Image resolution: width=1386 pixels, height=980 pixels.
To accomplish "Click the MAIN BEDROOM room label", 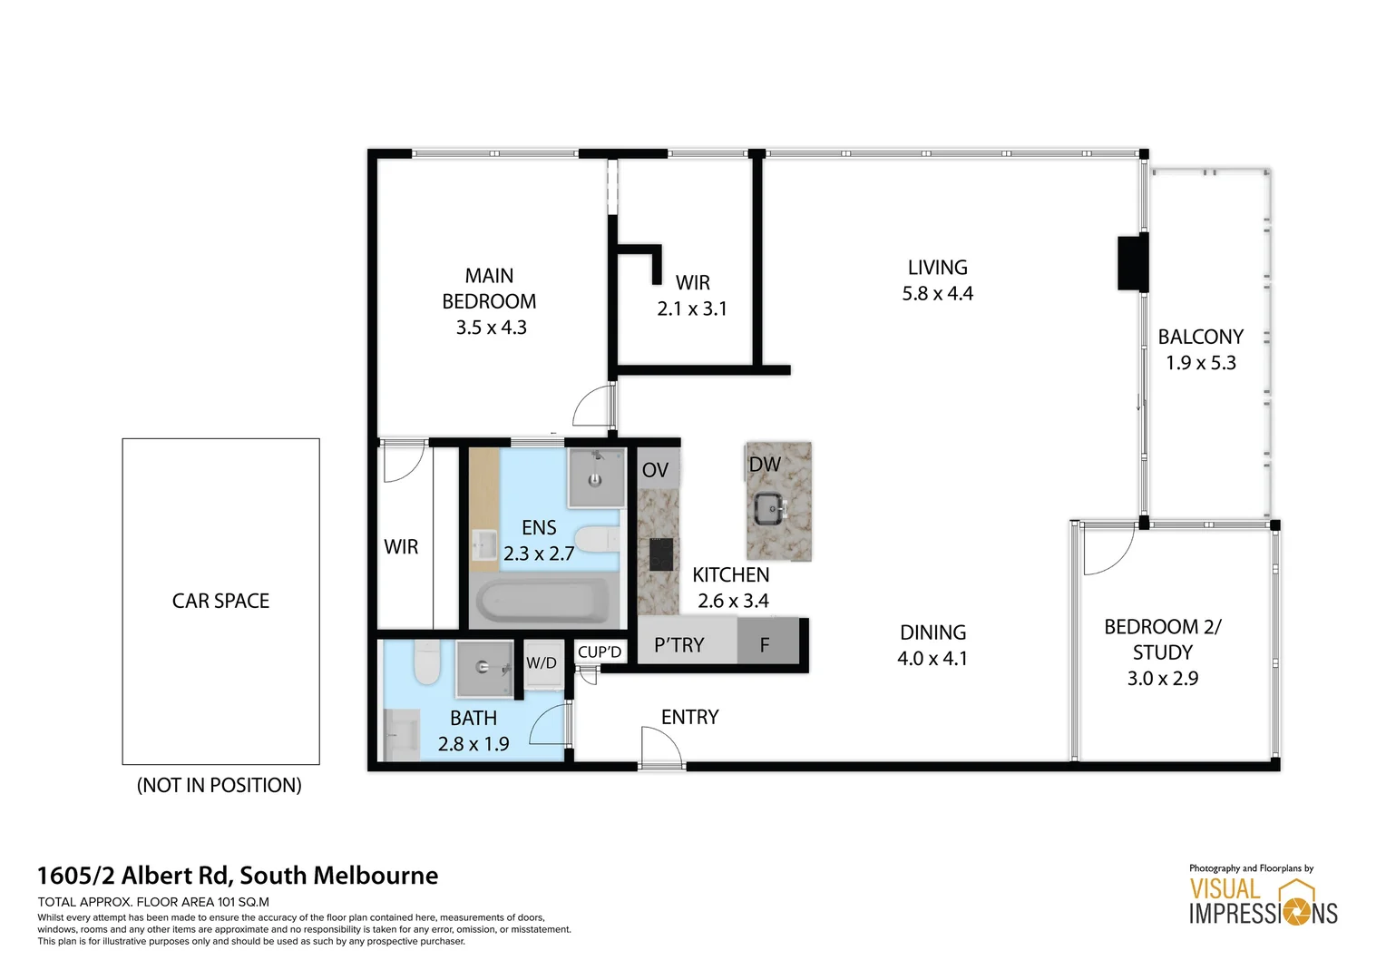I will (x=490, y=301).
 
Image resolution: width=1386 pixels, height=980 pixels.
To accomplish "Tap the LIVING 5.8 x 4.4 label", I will (x=937, y=280).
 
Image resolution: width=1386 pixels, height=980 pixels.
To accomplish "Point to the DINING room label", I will (x=932, y=645).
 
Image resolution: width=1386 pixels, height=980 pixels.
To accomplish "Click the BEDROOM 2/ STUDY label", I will (x=1162, y=652).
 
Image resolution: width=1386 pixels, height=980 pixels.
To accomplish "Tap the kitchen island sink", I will (x=770, y=508).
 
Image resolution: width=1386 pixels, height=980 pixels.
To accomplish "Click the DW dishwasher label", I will (x=765, y=465).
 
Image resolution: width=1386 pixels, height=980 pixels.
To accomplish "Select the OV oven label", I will (x=655, y=470).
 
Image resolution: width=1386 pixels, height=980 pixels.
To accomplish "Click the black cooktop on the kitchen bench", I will (x=659, y=554).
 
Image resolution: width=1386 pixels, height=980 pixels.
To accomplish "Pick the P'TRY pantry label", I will (x=679, y=645).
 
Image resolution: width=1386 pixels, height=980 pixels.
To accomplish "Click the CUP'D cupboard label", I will (x=600, y=652).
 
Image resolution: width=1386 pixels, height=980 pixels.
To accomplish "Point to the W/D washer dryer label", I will (x=542, y=663).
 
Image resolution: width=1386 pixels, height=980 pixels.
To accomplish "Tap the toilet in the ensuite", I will (x=597, y=540).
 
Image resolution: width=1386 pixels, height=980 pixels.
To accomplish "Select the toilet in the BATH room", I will (x=426, y=663).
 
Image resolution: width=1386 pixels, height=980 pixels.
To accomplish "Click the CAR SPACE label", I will (x=220, y=601).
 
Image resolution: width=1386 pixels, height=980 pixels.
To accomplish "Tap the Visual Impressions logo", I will (x=1263, y=900).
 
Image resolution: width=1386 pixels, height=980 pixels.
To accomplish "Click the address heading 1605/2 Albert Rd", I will (x=238, y=876).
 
